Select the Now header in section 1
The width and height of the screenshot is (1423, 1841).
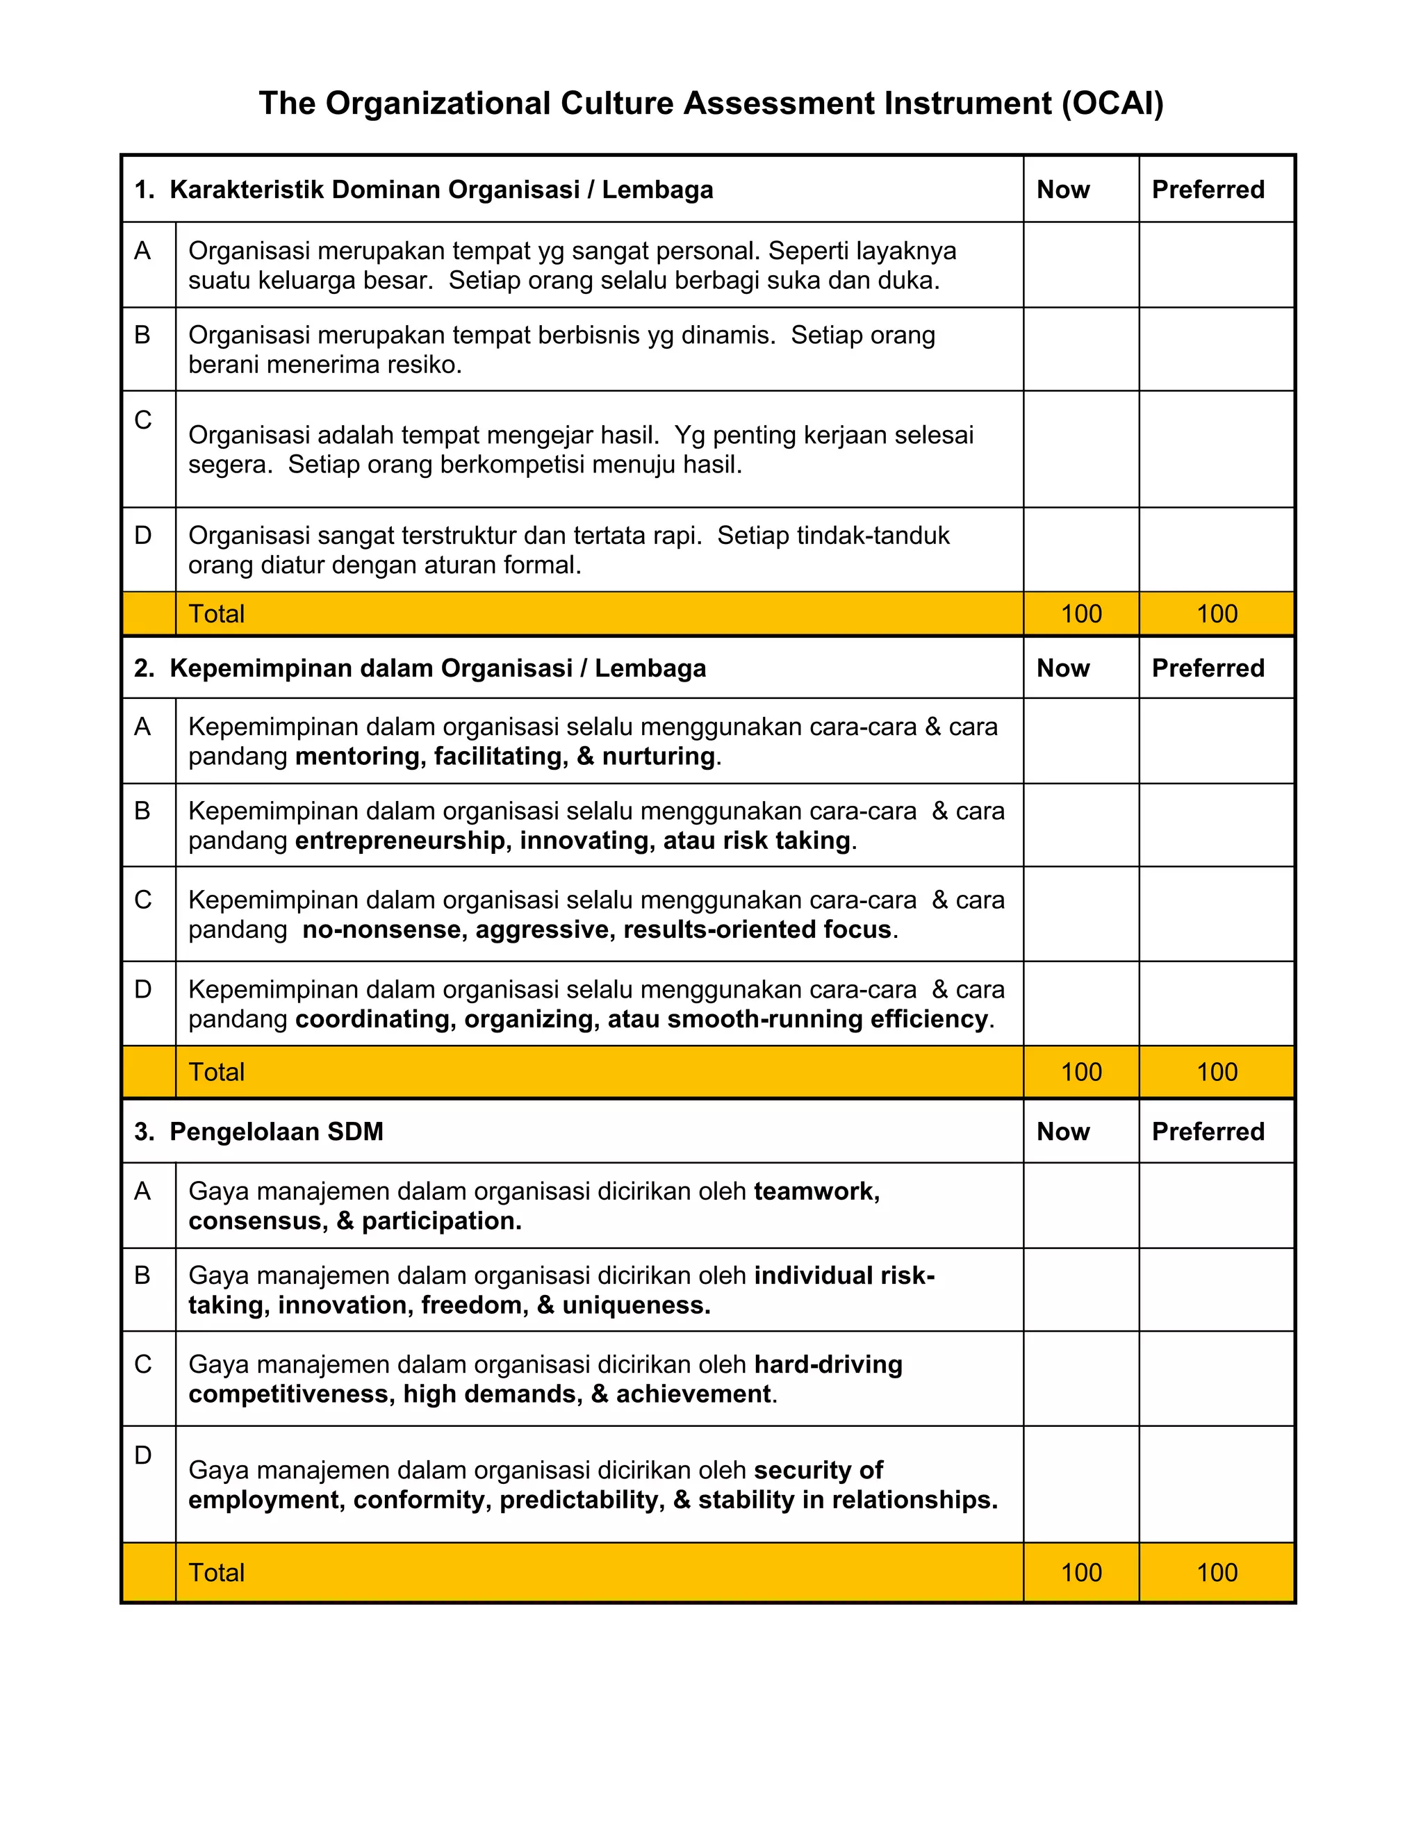click(1062, 190)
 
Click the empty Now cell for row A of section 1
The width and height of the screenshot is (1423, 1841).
click(1080, 265)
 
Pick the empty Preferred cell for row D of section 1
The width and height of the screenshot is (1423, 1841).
click(1216, 550)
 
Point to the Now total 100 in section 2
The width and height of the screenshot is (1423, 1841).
click(1080, 1072)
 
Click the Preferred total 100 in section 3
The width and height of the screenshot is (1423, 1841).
click(1217, 1572)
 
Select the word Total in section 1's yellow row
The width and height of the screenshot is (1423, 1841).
click(217, 613)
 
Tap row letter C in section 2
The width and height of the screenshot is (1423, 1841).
click(143, 900)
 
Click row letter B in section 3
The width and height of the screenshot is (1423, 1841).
click(142, 1275)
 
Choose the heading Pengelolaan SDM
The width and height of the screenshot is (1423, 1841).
click(276, 1131)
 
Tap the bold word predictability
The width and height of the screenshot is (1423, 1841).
click(581, 1500)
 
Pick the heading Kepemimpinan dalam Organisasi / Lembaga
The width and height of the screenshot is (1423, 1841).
click(438, 668)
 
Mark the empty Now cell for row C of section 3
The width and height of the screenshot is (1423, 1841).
click(1080, 1378)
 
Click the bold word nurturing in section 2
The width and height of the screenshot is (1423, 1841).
click(657, 756)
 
